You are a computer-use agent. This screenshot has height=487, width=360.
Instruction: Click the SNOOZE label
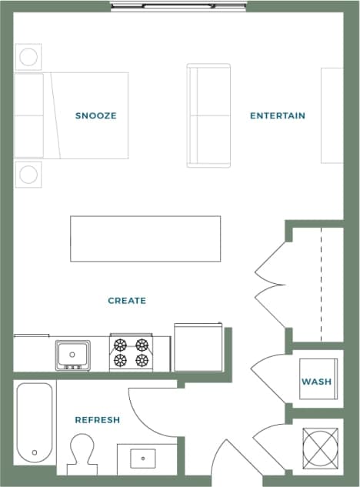pyautogui.click(x=95, y=115)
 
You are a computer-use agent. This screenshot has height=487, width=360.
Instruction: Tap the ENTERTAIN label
pyautogui.click(x=277, y=115)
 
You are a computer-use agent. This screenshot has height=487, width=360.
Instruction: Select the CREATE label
pyautogui.click(x=127, y=301)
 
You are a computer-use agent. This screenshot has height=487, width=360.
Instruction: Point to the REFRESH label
pyautogui.click(x=97, y=420)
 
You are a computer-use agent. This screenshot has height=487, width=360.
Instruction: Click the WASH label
pyautogui.click(x=316, y=382)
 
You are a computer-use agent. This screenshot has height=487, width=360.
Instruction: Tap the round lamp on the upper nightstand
pyautogui.click(x=28, y=57)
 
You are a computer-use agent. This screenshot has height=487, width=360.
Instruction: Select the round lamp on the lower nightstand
pyautogui.click(x=28, y=174)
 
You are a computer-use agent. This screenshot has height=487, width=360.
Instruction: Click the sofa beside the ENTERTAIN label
pyautogui.click(x=209, y=115)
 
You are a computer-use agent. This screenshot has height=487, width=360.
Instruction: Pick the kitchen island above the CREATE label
pyautogui.click(x=145, y=240)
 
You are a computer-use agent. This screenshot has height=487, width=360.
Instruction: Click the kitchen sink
pyautogui.click(x=72, y=355)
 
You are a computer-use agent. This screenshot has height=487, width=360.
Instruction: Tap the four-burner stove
pyautogui.click(x=130, y=353)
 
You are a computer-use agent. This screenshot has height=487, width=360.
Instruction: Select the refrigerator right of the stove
pyautogui.click(x=198, y=348)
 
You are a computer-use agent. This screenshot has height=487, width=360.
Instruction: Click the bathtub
pyautogui.click(x=35, y=422)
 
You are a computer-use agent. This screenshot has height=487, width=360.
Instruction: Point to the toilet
pyautogui.click(x=81, y=453)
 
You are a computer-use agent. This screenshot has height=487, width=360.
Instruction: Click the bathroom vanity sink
pyautogui.click(x=143, y=459)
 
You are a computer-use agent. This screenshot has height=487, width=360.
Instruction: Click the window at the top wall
pyautogui.click(x=177, y=6)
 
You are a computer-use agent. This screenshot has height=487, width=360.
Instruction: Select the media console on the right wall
pyautogui.click(x=332, y=115)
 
